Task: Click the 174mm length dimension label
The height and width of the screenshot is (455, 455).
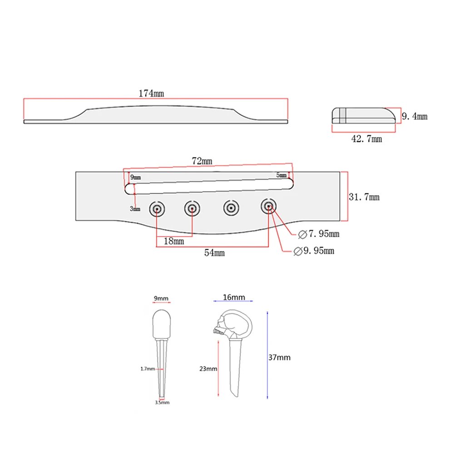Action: click(x=151, y=94)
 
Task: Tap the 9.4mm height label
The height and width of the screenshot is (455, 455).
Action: click(x=414, y=116)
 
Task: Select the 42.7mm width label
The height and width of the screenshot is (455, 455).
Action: click(x=367, y=139)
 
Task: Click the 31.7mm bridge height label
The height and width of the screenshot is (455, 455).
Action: click(x=364, y=197)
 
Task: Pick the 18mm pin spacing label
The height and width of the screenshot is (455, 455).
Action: click(x=173, y=242)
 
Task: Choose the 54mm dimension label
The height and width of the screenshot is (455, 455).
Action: click(x=214, y=253)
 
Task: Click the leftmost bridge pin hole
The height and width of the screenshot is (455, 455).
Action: click(x=157, y=208)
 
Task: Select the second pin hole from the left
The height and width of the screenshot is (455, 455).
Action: click(x=193, y=208)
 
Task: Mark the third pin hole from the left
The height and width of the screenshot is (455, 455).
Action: click(x=231, y=208)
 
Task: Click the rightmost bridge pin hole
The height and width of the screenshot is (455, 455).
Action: click(x=269, y=207)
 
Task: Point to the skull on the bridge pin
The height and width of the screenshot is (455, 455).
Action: click(x=220, y=325)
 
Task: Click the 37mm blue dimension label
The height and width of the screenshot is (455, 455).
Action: click(x=279, y=357)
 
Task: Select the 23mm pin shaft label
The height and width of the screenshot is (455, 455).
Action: click(x=208, y=369)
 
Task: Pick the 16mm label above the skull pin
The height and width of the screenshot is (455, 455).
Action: click(x=234, y=297)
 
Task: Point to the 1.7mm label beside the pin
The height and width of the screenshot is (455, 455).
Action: click(x=148, y=369)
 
